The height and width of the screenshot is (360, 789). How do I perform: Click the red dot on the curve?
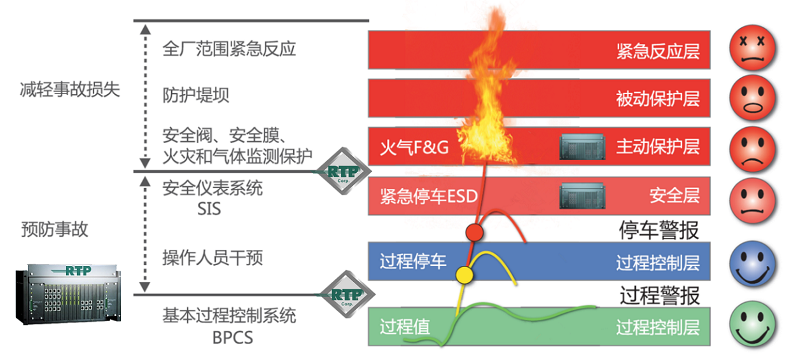pyautogui.click(x=474, y=232)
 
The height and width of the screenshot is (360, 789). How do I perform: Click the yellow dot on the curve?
pyautogui.click(x=464, y=275)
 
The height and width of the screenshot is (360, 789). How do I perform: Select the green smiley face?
pyautogui.click(x=753, y=326)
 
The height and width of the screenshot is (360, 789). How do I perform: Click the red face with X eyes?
pyautogui.click(x=753, y=50)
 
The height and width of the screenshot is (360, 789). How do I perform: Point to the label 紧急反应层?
pyautogui.click(x=657, y=51)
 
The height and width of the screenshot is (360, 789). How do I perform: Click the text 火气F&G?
pyautogui.click(x=414, y=148)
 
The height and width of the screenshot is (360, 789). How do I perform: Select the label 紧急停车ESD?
pyautogui.click(x=428, y=195)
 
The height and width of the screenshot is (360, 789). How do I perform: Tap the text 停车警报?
pyautogui.click(x=659, y=230)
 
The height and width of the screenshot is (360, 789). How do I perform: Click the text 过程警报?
pyautogui.click(x=659, y=295)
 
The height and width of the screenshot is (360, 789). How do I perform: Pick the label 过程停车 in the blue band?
pyautogui.click(x=413, y=261)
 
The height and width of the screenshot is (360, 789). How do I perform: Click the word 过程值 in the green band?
pyautogui.click(x=405, y=327)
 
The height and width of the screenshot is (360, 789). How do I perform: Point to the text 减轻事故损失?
pyautogui.click(x=70, y=90)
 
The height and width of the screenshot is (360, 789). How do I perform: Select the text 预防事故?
pyautogui.click(x=54, y=230)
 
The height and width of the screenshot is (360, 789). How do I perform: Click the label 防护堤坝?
pyautogui.click(x=196, y=95)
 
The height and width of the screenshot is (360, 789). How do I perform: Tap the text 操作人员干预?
pyautogui.click(x=213, y=258)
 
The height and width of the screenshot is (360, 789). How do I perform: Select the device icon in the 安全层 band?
pyautogui.click(x=582, y=196)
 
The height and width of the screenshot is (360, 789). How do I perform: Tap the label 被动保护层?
pyautogui.click(x=657, y=99)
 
